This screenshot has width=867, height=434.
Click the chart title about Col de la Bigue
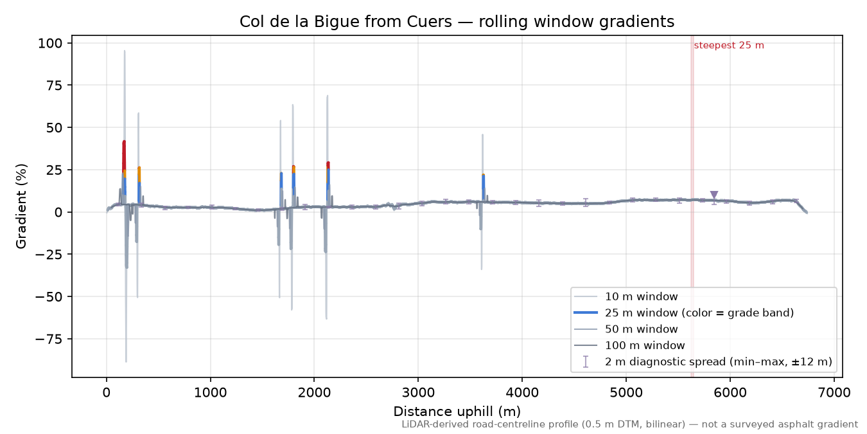(457, 22)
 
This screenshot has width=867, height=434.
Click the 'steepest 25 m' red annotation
(729, 46)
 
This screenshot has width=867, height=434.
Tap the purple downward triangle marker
(714, 195)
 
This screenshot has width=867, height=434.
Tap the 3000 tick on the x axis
(418, 393)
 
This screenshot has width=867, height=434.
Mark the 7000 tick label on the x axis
(834, 393)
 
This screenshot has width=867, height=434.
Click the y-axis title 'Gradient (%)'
(21, 206)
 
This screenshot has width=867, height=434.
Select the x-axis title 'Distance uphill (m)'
(457, 411)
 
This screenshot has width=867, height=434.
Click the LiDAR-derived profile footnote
(630, 425)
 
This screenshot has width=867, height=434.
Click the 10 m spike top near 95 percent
(124, 51)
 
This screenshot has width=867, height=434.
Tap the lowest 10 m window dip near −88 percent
(126, 361)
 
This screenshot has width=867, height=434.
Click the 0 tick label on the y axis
(58, 212)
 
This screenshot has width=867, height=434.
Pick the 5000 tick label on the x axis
(626, 393)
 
